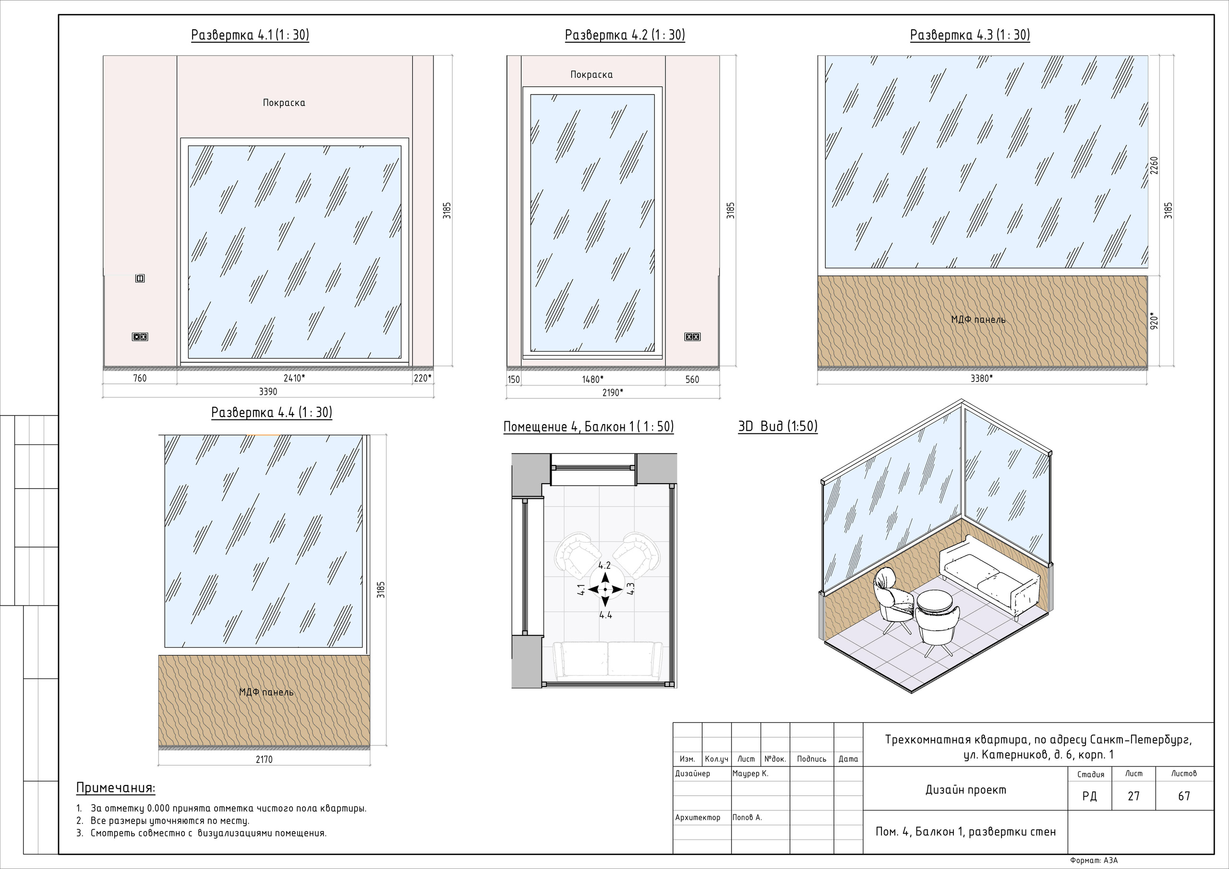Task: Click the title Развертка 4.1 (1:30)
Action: (250, 36)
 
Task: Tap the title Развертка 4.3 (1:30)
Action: (970, 36)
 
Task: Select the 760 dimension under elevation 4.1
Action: (140, 378)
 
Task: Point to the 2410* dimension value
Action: (294, 378)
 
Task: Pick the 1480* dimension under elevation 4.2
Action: (592, 380)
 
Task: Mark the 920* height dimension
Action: (1155, 321)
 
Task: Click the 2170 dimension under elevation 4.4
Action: (264, 759)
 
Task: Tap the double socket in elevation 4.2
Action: (692, 336)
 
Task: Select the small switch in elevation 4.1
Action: (140, 278)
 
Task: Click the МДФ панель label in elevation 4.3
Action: (978, 320)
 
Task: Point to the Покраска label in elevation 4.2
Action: (591, 75)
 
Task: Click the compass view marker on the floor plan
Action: (605, 590)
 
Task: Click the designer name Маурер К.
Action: (750, 774)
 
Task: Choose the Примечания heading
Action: (116, 788)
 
